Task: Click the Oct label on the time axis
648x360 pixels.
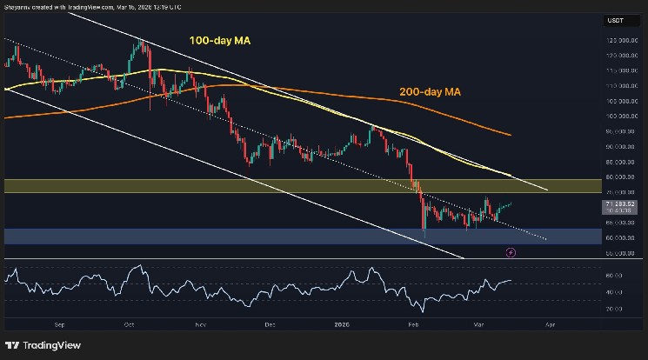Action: click(x=129, y=323)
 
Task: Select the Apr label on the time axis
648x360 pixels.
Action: click(x=550, y=323)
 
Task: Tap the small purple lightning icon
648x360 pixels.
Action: click(x=511, y=252)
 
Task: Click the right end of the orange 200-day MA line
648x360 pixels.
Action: click(x=510, y=135)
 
